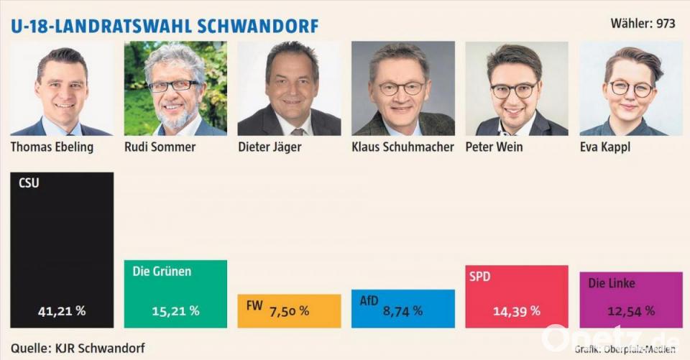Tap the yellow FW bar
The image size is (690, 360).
[x=289, y=310]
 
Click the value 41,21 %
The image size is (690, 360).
[x=62, y=311]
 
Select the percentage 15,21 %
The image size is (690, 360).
[x=175, y=311]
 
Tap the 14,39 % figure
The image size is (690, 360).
[x=516, y=311]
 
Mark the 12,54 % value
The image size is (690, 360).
[x=630, y=310]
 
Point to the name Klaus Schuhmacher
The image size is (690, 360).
[x=402, y=147]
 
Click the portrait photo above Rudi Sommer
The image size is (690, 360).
[x=175, y=88]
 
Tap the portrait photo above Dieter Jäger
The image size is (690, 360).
[x=289, y=88]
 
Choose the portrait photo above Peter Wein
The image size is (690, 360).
[x=516, y=88]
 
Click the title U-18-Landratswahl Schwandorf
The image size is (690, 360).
[x=165, y=26]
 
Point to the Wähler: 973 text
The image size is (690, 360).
[x=643, y=24]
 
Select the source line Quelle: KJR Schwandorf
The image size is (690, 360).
[x=78, y=348]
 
